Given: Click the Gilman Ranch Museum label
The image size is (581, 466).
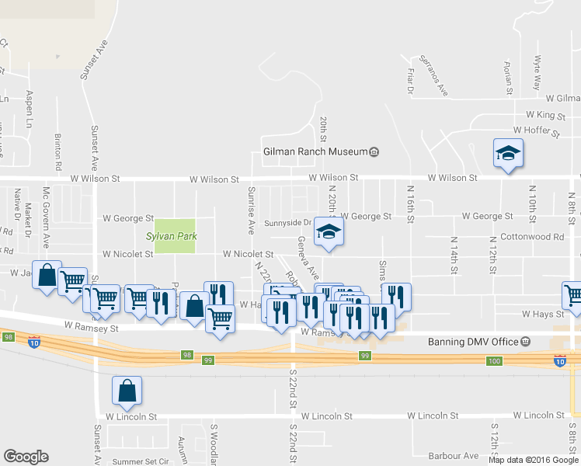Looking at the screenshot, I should tap(315, 151).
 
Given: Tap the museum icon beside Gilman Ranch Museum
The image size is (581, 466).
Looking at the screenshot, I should tap(374, 151).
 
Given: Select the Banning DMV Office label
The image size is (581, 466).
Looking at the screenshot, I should tap(473, 342).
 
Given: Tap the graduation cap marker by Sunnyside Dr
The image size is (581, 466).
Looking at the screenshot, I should tap(329, 232).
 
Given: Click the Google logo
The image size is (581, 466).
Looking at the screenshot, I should tap(26, 457).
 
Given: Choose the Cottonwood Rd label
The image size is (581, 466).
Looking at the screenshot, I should tap(532, 236).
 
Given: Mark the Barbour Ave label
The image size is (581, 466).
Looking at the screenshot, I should tap(455, 456).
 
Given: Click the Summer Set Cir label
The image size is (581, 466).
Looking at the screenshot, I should tap(141, 461).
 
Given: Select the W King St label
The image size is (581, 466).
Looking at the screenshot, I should tap(548, 114).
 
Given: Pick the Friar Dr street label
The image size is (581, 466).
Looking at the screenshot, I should tap(410, 79).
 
